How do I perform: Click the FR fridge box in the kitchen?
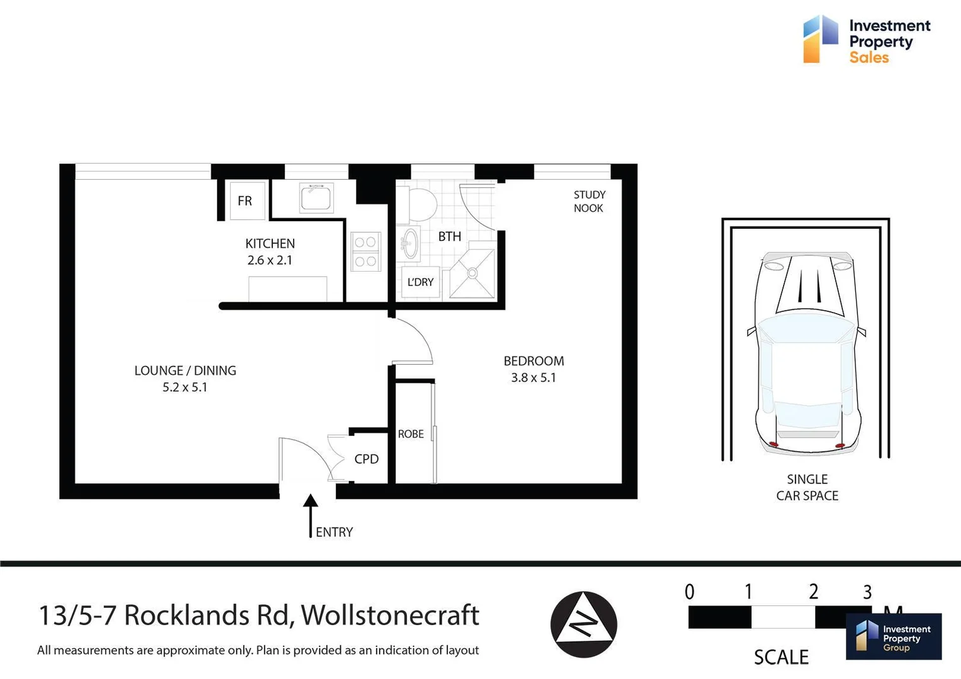point(246,201)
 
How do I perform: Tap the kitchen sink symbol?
point(316,198)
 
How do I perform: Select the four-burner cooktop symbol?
point(365,251)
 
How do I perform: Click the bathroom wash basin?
point(410,243)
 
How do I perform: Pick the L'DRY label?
point(420,282)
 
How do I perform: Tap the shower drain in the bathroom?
point(471,273)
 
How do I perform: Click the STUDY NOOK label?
point(589,201)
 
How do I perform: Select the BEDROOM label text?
point(533,361)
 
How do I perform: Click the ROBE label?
point(411,434)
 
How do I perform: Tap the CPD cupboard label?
point(366,459)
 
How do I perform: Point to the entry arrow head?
point(310,501)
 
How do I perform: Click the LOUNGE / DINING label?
point(185,370)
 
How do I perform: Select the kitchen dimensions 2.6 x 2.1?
point(270,260)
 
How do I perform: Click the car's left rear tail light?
point(774,444)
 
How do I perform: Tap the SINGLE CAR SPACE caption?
point(807,487)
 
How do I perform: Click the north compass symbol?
point(584,624)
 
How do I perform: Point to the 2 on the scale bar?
point(813,592)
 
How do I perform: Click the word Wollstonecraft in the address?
point(390,615)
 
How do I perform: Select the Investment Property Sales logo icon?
point(820,39)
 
